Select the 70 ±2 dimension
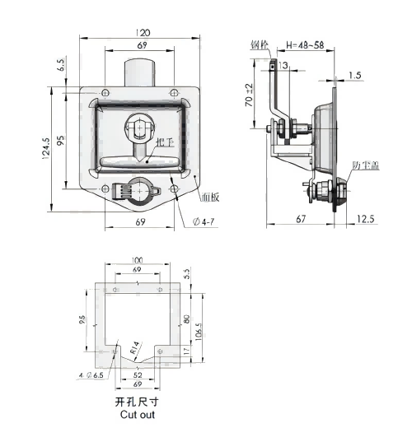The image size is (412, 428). point(248,101)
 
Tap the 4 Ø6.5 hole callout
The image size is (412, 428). point(90,374)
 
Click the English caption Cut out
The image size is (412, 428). point(137,416)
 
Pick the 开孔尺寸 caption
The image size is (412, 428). point(137,403)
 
